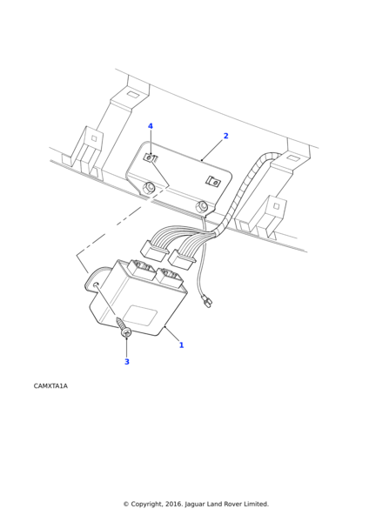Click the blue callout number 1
tap(182, 345)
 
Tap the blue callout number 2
tap(225, 136)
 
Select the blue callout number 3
tap(127, 362)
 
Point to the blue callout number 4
tap(151, 126)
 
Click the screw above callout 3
tap(124, 327)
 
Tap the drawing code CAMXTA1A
tap(50, 385)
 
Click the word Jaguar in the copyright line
tap(195, 505)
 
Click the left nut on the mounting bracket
tap(148, 188)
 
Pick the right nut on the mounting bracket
tap(202, 206)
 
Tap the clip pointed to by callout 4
tap(150, 157)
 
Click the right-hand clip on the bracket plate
tap(213, 182)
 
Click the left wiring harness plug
tap(153, 250)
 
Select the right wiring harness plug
tap(182, 259)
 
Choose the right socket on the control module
tap(170, 278)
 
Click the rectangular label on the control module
tap(139, 315)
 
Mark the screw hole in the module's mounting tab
tap(97, 284)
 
